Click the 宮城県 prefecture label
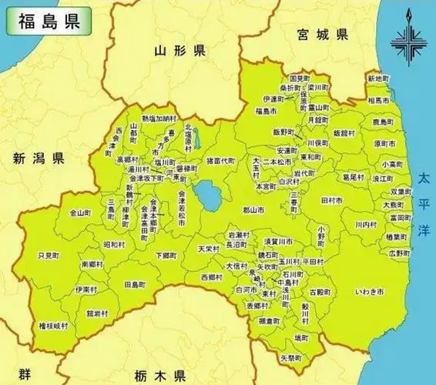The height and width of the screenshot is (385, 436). [321, 35]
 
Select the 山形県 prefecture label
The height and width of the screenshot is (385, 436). [179, 52]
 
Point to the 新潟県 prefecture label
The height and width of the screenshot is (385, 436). [38, 159]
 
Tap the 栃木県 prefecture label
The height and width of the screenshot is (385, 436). [158, 375]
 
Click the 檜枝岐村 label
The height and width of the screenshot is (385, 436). [53, 326]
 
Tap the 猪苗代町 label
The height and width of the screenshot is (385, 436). [220, 161]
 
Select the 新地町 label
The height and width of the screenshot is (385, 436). [378, 79]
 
